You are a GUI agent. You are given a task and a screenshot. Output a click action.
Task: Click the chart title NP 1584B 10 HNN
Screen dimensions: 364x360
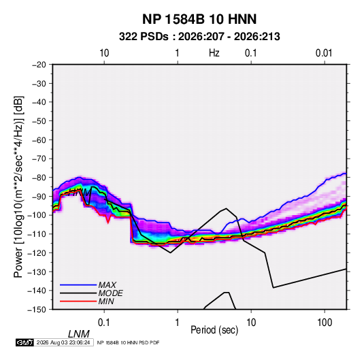click(x=199, y=19)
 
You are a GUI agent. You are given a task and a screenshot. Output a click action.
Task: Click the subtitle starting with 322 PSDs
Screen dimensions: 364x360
click(x=199, y=37)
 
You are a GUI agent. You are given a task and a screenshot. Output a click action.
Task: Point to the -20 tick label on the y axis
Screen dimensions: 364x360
click(x=39, y=65)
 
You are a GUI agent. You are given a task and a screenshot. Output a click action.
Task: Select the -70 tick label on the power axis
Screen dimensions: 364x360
click(x=39, y=159)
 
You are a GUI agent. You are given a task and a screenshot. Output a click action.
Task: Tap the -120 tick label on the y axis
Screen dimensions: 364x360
click(x=37, y=252)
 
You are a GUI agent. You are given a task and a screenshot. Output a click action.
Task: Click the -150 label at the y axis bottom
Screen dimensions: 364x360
click(x=37, y=310)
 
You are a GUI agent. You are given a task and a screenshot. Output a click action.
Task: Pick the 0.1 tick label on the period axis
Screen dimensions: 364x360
click(x=104, y=323)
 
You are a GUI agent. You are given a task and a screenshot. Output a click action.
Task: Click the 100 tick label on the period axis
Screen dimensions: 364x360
click(x=325, y=323)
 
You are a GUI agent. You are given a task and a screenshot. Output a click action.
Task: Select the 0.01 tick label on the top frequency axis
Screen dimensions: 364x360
click(x=324, y=53)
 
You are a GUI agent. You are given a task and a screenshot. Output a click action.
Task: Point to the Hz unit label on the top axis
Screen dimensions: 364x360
click(x=214, y=53)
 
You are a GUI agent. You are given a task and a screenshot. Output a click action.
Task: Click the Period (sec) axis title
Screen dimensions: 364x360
click(x=214, y=330)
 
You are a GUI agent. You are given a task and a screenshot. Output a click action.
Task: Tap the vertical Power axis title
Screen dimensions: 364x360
click(x=18, y=187)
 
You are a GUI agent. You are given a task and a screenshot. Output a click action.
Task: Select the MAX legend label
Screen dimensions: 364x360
click(x=107, y=285)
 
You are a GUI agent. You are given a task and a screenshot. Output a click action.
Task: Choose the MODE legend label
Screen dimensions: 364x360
click(x=110, y=293)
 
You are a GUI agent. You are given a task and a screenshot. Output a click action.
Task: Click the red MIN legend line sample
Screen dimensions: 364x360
click(x=78, y=301)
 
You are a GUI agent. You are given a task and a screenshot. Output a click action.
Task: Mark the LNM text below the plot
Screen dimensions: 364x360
click(x=79, y=334)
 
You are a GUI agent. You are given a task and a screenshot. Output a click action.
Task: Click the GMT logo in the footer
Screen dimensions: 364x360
click(x=25, y=342)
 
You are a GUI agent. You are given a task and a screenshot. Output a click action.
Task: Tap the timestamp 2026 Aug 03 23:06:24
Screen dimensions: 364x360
click(x=63, y=342)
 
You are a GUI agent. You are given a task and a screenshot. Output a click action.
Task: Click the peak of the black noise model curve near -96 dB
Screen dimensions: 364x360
click(x=226, y=208)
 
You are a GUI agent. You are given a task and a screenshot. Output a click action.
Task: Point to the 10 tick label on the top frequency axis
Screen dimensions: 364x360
click(x=104, y=53)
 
